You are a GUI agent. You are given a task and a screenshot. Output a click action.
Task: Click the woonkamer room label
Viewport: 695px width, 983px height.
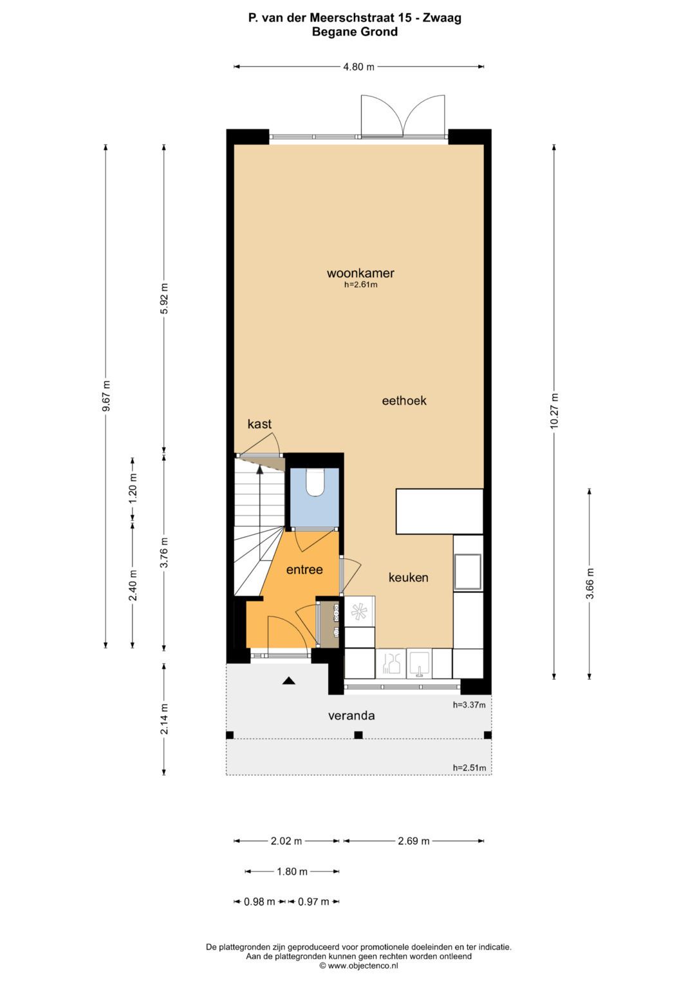(360, 273)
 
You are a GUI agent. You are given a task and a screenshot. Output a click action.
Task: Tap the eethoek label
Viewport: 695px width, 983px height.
(404, 400)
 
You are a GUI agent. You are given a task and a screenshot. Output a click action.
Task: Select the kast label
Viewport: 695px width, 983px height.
(259, 424)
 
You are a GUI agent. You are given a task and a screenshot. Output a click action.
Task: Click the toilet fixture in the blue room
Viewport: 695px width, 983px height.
(315, 482)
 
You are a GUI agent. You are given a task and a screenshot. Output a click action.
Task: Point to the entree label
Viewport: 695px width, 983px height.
(304, 569)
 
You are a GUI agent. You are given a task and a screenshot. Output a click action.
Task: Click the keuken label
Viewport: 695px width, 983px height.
(408, 577)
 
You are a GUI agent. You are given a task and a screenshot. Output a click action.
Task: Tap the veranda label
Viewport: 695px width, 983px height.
(351, 715)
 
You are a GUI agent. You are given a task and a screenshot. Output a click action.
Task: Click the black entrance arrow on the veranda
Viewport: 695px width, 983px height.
(288, 680)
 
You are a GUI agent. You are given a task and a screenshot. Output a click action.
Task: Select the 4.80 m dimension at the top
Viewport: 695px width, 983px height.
(358, 66)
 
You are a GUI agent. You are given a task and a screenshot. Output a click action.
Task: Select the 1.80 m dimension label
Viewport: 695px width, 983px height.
(292, 872)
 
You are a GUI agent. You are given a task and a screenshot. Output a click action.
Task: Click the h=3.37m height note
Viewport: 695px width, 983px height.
(469, 704)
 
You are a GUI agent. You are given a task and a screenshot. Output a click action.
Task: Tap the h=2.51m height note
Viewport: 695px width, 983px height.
(469, 767)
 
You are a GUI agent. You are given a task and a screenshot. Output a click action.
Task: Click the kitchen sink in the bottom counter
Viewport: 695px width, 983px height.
(419, 664)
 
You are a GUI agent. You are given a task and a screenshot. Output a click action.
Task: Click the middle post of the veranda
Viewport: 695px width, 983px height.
(358, 735)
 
